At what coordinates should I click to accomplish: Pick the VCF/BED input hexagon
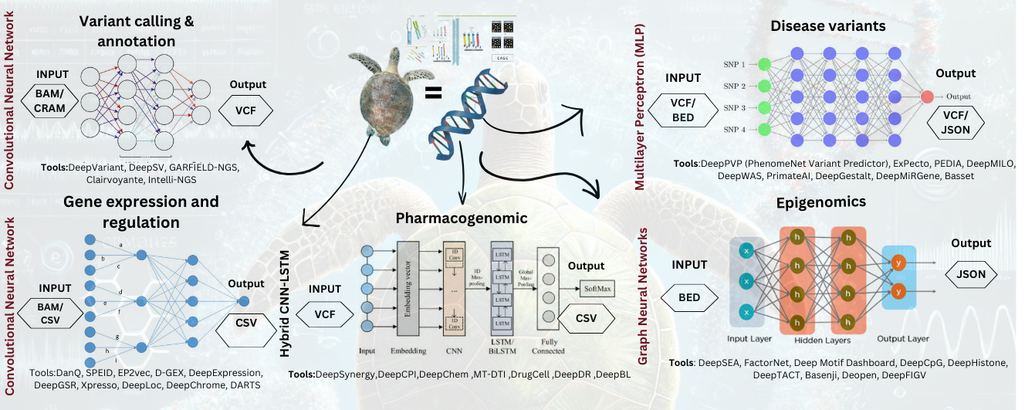coord(682,114)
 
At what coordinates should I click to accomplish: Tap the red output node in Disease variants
coord(926,97)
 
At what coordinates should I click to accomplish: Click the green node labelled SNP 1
coord(764,64)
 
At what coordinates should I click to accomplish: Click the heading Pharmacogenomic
coord(462,219)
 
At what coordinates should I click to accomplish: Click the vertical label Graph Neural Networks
coord(642,295)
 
